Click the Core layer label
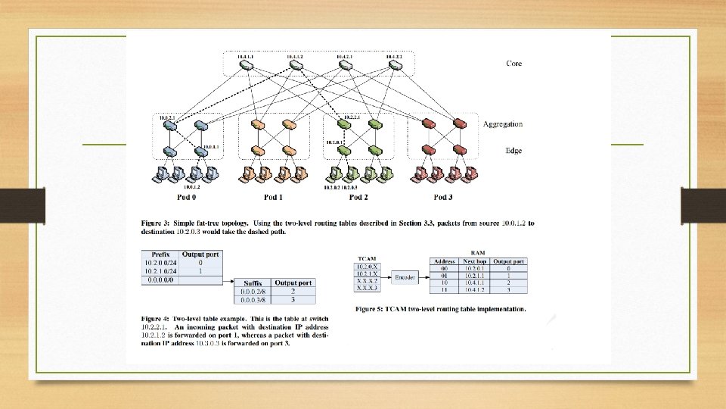(513, 63)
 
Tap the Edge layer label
(513, 151)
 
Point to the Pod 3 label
(444, 198)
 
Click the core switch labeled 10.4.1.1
(247, 67)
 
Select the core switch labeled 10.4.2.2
(394, 67)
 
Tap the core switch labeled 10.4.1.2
(296, 67)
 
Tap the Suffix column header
(253, 283)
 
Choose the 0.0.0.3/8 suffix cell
(253, 298)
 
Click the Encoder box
(406, 277)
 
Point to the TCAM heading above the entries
(366, 258)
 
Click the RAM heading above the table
(478, 252)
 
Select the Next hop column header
(477, 261)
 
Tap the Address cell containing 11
(445, 290)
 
